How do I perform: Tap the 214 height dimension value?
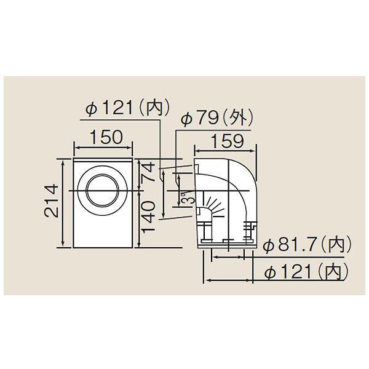click(x=51, y=200)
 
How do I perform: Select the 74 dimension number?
click(x=148, y=172)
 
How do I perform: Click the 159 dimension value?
click(x=228, y=141)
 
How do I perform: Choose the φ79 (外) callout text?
click(x=216, y=117)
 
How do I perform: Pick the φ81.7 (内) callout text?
click(x=307, y=245)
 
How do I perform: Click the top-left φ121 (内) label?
click(x=127, y=108)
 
